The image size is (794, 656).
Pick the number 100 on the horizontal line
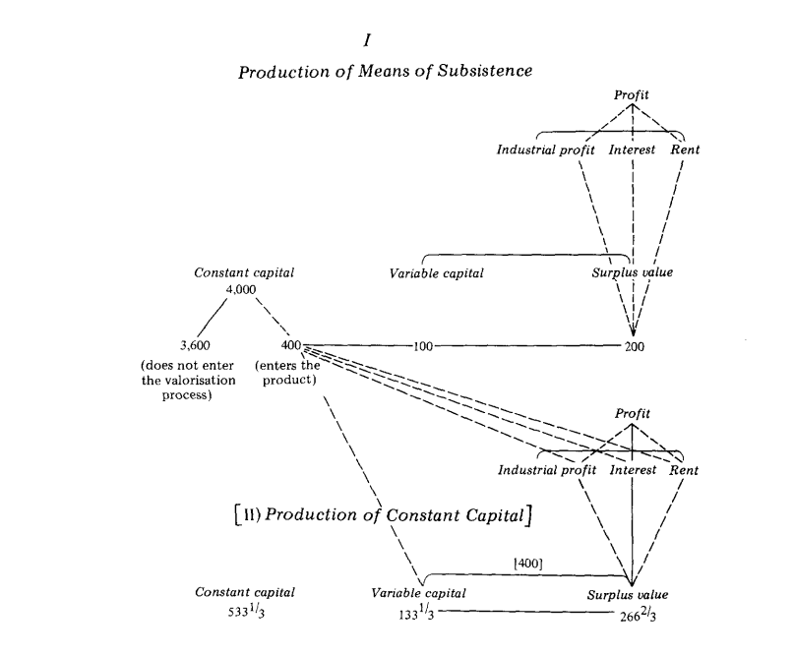point(424,346)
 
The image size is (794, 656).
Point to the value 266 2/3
point(628,616)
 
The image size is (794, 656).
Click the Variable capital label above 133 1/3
point(417,594)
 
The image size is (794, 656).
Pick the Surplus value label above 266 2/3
point(628,595)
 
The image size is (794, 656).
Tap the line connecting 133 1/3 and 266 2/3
point(521,614)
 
